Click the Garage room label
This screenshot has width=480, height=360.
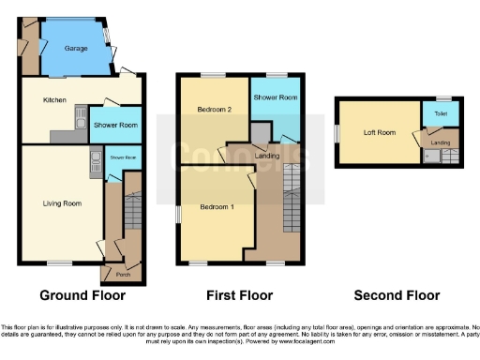tap(76, 48)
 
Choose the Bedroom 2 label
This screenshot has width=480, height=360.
tap(214, 110)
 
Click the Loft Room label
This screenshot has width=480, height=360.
tap(380, 132)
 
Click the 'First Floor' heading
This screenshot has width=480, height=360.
tap(237, 295)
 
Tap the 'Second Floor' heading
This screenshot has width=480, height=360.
tap(397, 295)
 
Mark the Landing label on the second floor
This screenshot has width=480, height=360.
tap(441, 142)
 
